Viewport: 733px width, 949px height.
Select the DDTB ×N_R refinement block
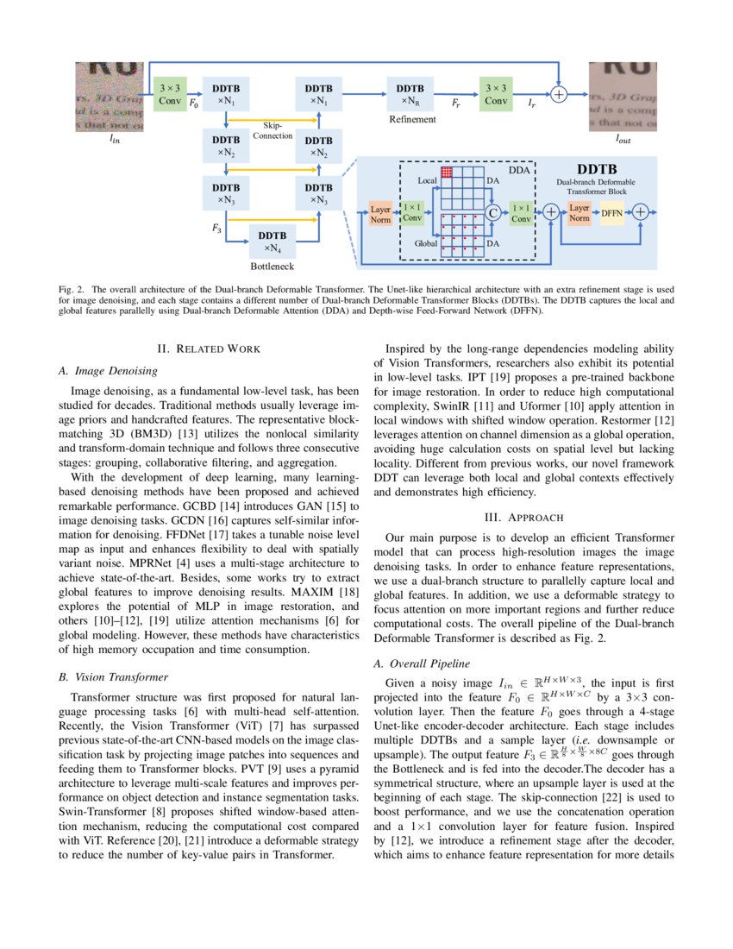[410, 95]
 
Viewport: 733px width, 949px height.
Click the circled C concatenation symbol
[493, 210]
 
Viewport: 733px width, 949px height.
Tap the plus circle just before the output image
[559, 95]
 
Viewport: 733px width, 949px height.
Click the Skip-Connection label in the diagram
[273, 131]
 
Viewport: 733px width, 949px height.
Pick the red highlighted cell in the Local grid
[447, 173]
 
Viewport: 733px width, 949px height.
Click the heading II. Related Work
[209, 349]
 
